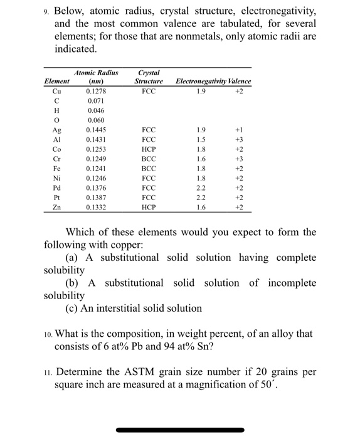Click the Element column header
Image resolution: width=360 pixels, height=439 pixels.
tap(56, 82)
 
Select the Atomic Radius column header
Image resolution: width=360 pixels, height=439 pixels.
tap(96, 77)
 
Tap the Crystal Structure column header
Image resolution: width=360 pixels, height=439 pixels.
tap(149, 77)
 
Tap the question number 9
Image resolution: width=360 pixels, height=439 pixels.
tap(46, 11)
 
